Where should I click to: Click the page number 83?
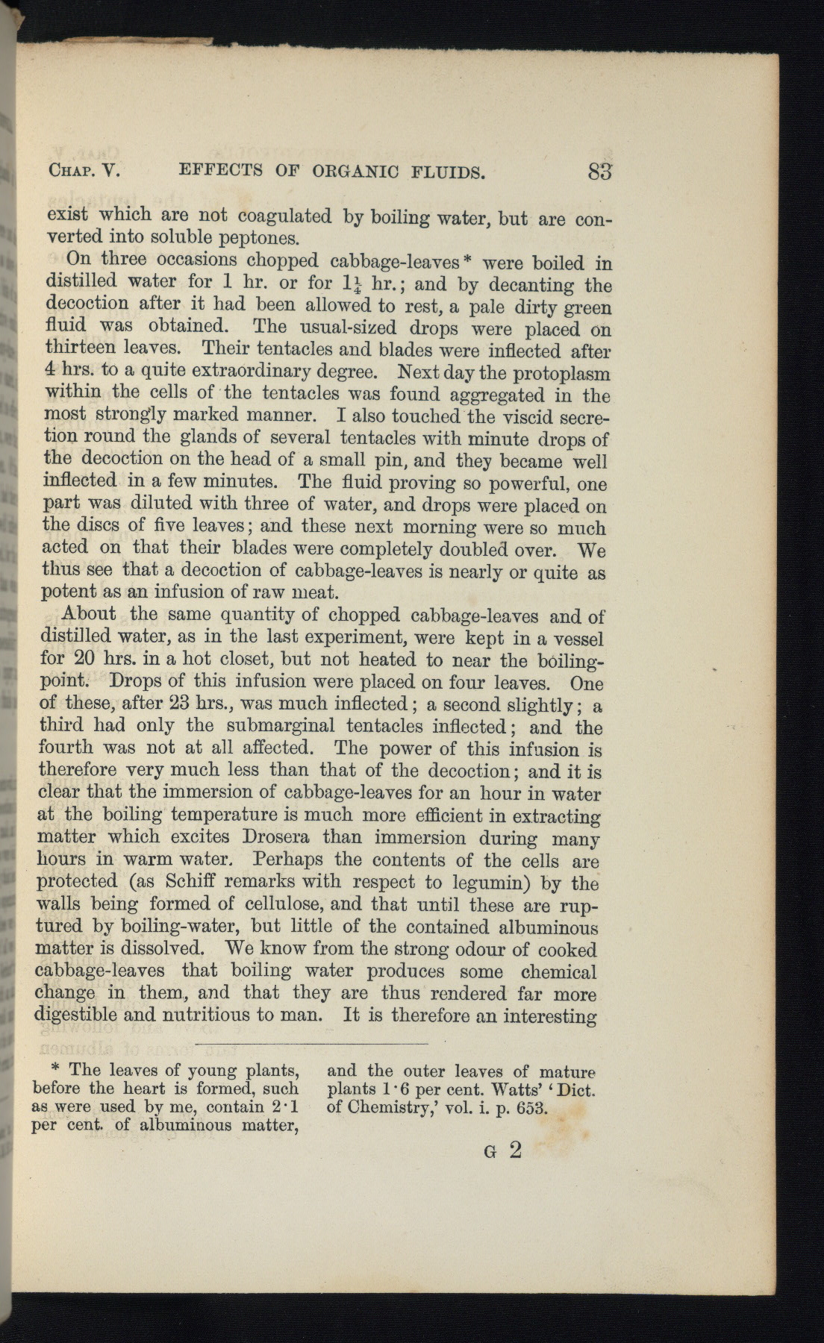pos(599,172)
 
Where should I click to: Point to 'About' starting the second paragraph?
pos(89,615)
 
